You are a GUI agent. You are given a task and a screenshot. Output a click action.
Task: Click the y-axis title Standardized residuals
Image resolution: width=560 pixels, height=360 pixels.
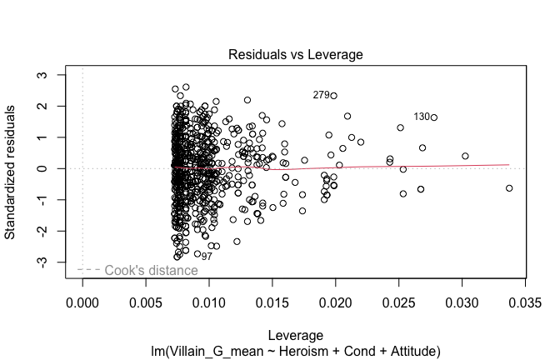click(x=11, y=172)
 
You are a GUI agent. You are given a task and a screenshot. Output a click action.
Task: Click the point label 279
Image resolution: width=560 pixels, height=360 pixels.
click(x=321, y=95)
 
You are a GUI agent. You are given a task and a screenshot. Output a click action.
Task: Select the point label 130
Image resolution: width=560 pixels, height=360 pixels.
click(x=422, y=117)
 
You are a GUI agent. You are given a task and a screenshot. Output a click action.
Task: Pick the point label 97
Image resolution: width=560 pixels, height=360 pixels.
click(x=206, y=257)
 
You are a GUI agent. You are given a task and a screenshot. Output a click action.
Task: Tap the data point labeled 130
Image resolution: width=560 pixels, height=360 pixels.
click(x=434, y=117)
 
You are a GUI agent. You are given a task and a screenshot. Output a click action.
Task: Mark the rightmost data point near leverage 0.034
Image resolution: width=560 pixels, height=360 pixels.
click(x=509, y=188)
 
